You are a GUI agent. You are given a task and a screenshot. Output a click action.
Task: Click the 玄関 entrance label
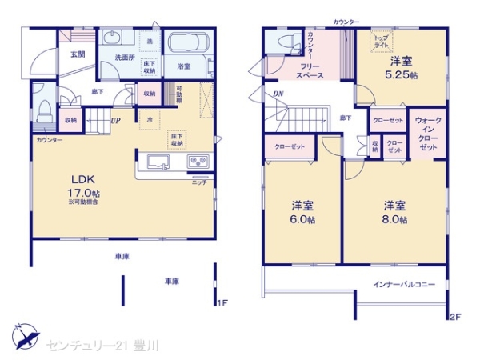click(77, 54)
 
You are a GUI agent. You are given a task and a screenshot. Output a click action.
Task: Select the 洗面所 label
click(122, 57)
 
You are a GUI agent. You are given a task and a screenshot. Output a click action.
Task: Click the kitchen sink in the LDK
click(157, 164)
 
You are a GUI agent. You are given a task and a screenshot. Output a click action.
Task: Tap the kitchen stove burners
click(198, 163)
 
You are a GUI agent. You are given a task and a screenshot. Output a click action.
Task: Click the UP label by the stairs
click(116, 121)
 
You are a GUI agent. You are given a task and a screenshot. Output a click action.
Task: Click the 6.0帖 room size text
click(302, 218)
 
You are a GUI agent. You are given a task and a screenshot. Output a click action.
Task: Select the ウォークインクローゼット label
click(428, 134)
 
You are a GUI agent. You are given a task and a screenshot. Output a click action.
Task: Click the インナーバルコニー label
click(404, 284)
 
